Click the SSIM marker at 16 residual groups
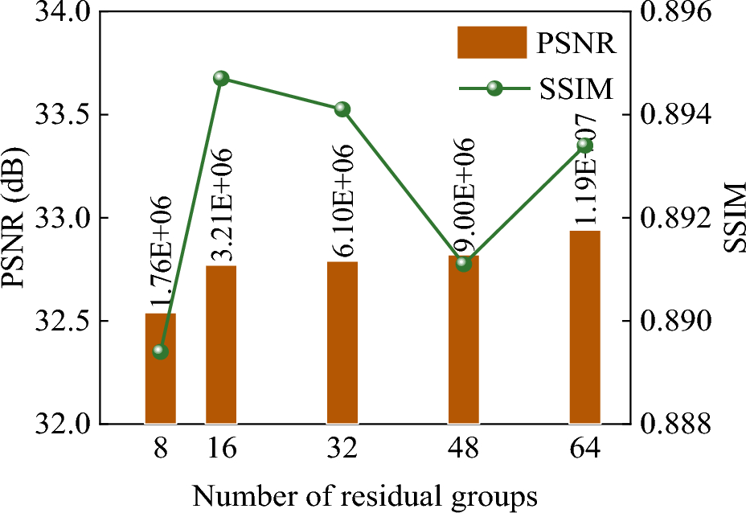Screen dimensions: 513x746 (x=221, y=79)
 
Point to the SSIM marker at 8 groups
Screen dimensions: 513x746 (x=160, y=351)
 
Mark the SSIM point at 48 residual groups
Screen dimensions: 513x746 (x=463, y=263)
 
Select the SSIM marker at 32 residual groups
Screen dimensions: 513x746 (x=342, y=109)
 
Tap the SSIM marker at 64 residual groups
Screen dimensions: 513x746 (x=585, y=145)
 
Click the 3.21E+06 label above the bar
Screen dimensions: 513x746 (x=222, y=205)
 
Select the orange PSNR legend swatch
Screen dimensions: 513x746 (x=490, y=43)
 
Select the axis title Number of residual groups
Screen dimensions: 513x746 (x=364, y=494)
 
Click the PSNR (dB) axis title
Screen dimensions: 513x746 (x=17, y=218)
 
